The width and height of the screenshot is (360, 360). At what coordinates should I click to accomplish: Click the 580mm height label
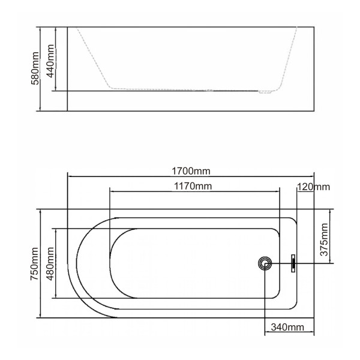click(35, 69)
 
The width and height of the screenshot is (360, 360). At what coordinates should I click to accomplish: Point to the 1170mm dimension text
click(194, 185)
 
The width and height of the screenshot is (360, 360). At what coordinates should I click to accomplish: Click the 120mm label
click(314, 187)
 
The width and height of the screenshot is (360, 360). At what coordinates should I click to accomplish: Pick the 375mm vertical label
click(325, 238)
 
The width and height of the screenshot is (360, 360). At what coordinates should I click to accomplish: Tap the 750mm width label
click(35, 264)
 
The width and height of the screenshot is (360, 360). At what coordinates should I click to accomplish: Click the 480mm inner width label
click(51, 264)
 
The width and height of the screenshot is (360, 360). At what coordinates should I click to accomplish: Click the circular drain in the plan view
click(265, 262)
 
